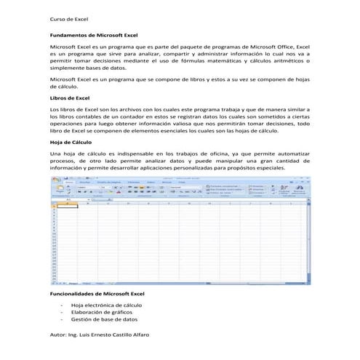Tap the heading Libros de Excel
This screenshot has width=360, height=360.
pyautogui.click(x=69, y=97)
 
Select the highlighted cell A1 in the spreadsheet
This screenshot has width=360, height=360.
pyautogui.click(x=66, y=207)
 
